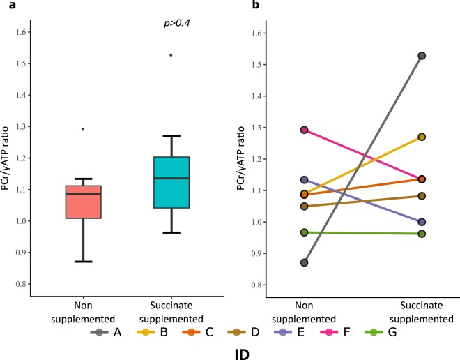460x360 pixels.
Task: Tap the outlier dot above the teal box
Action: pyautogui.click(x=171, y=55)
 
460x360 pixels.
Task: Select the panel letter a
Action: pyautogui.click(x=5, y=6)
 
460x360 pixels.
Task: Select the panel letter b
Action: pyautogui.click(x=236, y=6)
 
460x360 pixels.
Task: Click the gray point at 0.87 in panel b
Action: pyautogui.click(x=305, y=262)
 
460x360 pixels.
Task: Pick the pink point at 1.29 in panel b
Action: pyautogui.click(x=305, y=130)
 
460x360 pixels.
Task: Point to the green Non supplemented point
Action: pyautogui.click(x=305, y=232)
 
